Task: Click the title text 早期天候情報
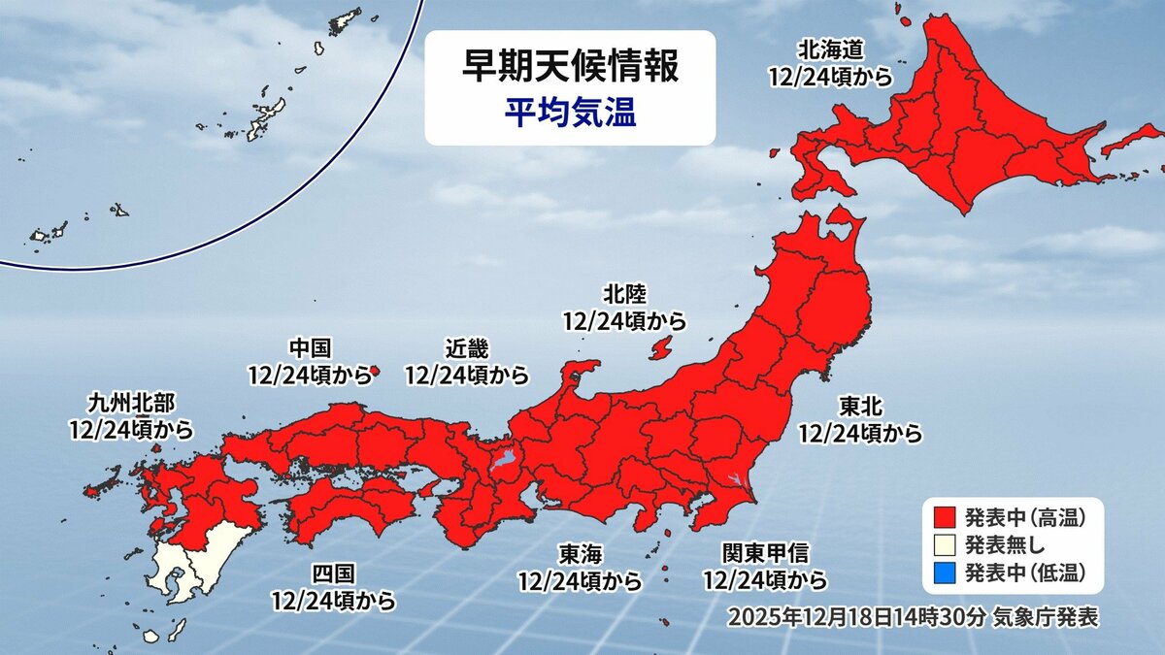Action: (x=570, y=69)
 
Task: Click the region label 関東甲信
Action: (x=764, y=553)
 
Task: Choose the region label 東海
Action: (x=581, y=554)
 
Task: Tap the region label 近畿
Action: (x=467, y=348)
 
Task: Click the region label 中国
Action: (x=311, y=348)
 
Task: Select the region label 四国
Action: (x=333, y=574)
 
